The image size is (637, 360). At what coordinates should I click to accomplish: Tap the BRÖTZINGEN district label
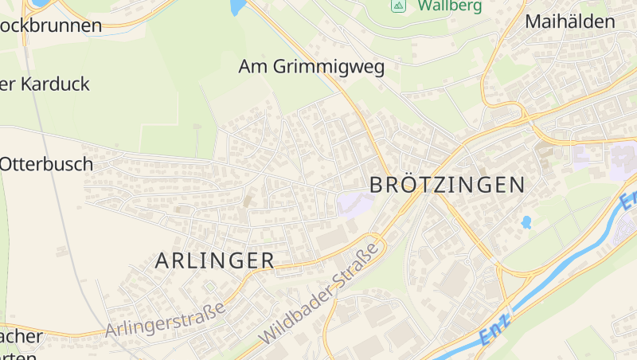click(447, 186)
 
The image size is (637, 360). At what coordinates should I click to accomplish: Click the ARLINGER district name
click(215, 260)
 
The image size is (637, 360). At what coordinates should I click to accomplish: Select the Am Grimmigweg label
click(311, 67)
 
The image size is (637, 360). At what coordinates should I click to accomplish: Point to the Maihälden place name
click(570, 22)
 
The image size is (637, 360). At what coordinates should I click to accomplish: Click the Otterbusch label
click(46, 164)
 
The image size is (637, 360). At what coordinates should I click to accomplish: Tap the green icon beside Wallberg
click(399, 6)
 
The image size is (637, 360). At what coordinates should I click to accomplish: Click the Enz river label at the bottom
click(495, 329)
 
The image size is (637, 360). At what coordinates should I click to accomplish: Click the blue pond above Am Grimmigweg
click(236, 7)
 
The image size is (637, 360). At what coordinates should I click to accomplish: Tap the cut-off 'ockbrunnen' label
click(51, 25)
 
